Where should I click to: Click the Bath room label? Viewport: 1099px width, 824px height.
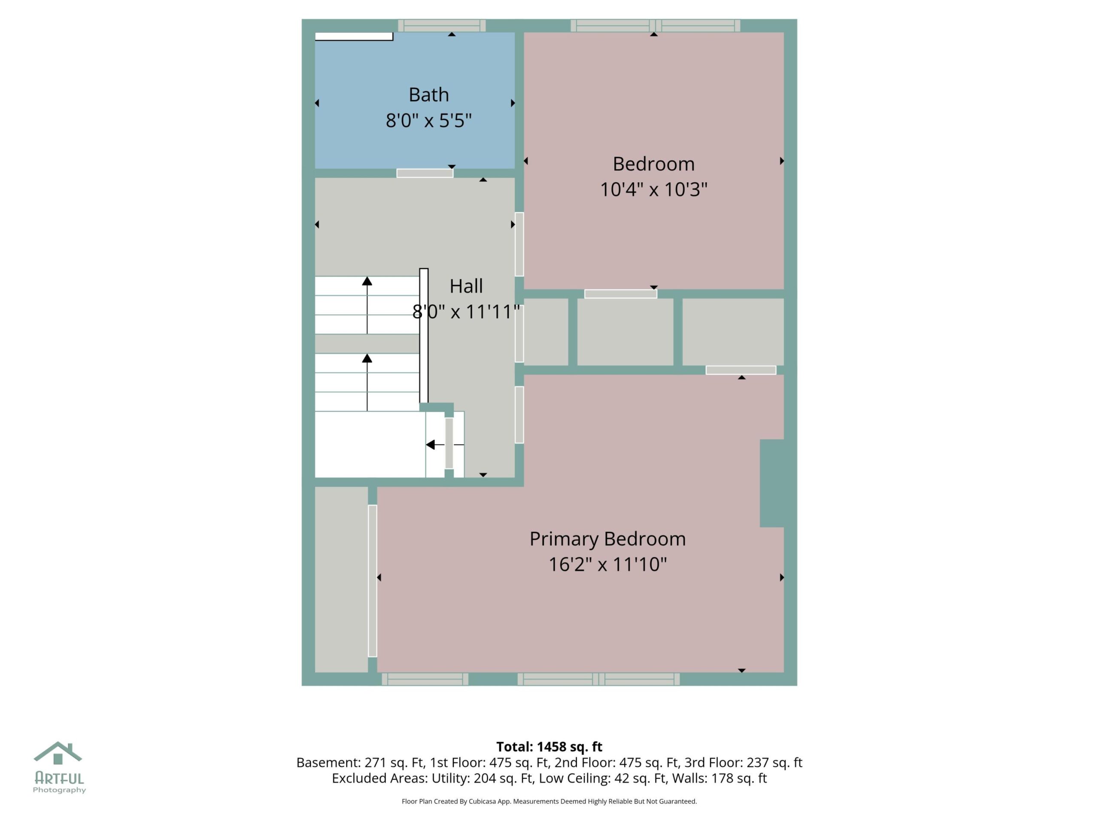(428, 94)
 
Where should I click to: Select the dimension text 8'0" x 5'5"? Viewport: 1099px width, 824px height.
(428, 120)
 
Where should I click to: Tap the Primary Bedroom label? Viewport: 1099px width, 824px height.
(607, 539)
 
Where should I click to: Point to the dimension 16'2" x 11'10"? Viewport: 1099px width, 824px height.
(607, 564)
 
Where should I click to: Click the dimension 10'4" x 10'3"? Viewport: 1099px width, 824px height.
(653, 189)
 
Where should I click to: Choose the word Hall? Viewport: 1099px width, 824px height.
(466, 286)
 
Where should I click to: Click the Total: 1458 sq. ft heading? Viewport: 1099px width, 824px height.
(549, 746)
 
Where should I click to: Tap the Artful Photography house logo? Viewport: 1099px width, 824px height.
(58, 754)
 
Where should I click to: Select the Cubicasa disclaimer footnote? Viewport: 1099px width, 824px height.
(549, 801)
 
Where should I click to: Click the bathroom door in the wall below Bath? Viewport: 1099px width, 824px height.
(425, 173)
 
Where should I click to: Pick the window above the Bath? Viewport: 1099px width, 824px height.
(442, 25)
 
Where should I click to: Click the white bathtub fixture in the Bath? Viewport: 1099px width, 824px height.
(354, 36)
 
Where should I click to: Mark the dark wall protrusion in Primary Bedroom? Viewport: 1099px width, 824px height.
(771, 483)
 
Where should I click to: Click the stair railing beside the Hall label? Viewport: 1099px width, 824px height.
(424, 336)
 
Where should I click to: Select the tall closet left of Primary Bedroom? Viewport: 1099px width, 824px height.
(341, 579)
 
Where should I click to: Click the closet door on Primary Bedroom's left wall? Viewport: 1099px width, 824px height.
(372, 581)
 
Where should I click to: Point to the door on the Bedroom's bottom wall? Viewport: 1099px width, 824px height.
(620, 294)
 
